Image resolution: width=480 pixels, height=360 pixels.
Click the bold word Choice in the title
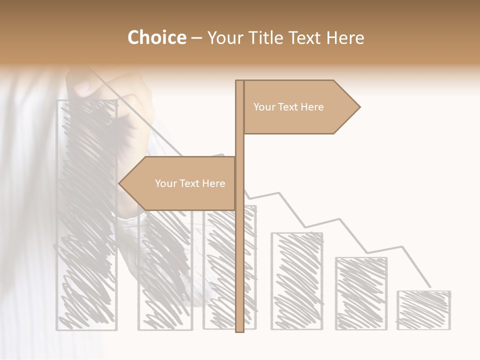pyautogui.click(x=156, y=38)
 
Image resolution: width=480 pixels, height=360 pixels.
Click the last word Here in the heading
pyautogui.click(x=345, y=38)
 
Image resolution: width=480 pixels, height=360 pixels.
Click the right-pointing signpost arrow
pyautogui.click(x=300, y=107)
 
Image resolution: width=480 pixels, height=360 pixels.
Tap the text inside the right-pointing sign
pyautogui.click(x=288, y=107)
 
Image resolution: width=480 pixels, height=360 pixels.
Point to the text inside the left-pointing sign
pyautogui.click(x=190, y=183)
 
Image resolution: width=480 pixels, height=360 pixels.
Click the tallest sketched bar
pyautogui.click(x=87, y=215)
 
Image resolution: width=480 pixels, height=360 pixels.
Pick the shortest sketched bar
pyautogui.click(x=424, y=310)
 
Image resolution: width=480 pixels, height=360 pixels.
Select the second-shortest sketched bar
pyautogui.click(x=361, y=293)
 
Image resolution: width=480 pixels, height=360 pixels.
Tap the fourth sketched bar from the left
pyautogui.click(x=297, y=281)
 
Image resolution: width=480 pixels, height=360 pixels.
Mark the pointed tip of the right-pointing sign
pyautogui.click(x=359, y=107)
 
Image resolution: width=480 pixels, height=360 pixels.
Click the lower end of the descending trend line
pyautogui.click(x=430, y=286)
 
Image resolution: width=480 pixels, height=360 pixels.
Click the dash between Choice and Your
pyautogui.click(x=196, y=38)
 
